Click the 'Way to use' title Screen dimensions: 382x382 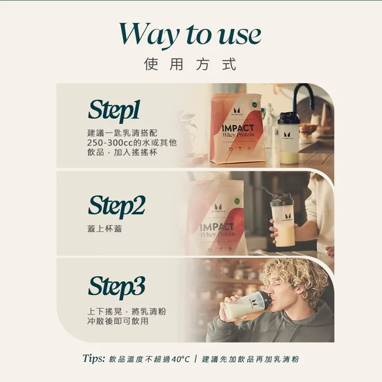click(x=190, y=34)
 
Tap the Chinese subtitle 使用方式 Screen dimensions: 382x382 click(x=190, y=65)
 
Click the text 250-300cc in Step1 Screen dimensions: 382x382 click(x=106, y=142)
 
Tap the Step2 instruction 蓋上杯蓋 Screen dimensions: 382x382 click(x=105, y=229)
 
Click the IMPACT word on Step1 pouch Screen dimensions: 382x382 click(x=237, y=128)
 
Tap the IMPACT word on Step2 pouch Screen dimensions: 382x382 click(x=217, y=227)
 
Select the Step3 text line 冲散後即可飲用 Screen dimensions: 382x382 click(x=118, y=321)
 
